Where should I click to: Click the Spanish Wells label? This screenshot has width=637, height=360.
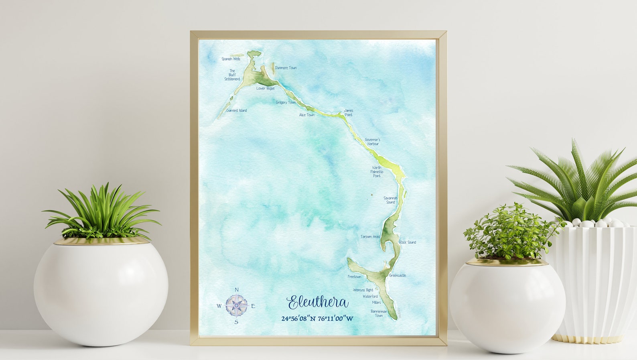pos(231,59)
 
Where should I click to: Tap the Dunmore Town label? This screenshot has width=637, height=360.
pos(286,68)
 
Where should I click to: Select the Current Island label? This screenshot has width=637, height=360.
pos(237,110)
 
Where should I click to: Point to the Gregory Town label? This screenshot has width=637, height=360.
pos(286,102)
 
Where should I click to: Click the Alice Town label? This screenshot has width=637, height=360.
pos(307,115)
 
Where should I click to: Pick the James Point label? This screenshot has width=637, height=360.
pos(349,113)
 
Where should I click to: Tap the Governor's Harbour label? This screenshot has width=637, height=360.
pos(373,142)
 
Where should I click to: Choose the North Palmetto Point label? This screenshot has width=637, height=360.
pos(377,172)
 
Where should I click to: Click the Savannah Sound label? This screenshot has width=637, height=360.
pos(390,200)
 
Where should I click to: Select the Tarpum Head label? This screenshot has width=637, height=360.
pos(370,237)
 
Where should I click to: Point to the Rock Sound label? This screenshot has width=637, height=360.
pos(408,242)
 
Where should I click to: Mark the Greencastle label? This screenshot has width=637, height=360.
pos(398,275)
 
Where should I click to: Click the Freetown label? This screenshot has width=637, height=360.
pos(354,277)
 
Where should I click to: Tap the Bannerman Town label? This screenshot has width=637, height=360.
pos(379,313)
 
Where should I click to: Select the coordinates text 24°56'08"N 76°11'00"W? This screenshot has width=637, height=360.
pos(317,319)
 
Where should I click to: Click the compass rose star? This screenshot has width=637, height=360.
pos(236,306)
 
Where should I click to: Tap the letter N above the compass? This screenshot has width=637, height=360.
pos(237,290)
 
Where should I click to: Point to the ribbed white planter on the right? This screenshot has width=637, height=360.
pos(598,281)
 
